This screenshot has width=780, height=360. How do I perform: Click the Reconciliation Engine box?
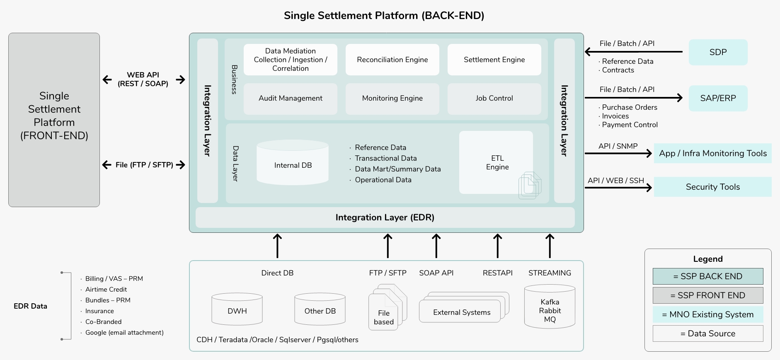[392, 60]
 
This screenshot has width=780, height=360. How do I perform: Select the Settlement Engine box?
[494, 60]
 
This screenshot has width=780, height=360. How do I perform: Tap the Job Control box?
[494, 99]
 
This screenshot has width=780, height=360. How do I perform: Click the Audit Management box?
[290, 99]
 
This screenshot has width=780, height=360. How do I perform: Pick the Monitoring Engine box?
[392, 99]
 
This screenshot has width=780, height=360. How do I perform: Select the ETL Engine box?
[496, 162]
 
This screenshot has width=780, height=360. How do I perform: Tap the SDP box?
[718, 52]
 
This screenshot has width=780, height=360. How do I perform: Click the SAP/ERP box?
[718, 98]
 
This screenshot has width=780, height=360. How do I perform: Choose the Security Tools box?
[712, 187]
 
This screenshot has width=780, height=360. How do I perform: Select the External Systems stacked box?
[462, 312]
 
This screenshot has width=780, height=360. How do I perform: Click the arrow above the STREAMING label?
[550, 246]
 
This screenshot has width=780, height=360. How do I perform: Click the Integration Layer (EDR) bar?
[385, 217]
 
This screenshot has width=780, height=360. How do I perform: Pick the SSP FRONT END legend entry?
[707, 295]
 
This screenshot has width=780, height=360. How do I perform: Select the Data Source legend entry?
[707, 333]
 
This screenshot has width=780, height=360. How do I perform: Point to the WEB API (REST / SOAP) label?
[143, 79]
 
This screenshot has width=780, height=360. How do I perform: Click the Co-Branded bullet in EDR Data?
[103, 322]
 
